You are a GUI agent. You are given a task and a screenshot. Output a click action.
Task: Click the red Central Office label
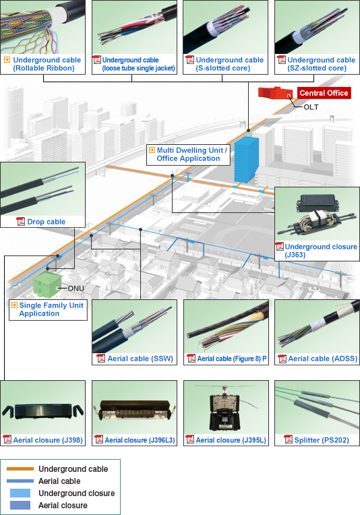pyautogui.click(x=324, y=93)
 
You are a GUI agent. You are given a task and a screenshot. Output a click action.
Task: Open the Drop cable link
pyautogui.click(x=47, y=222)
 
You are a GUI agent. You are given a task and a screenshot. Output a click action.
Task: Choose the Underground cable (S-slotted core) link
pyautogui.click(x=229, y=64)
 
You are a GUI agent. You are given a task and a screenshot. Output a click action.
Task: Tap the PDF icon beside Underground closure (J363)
pyautogui.click(x=280, y=247)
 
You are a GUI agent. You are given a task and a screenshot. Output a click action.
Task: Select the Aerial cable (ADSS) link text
pyautogui.click(x=322, y=359)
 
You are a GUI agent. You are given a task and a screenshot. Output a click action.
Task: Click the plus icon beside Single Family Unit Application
pyautogui.click(x=13, y=305)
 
